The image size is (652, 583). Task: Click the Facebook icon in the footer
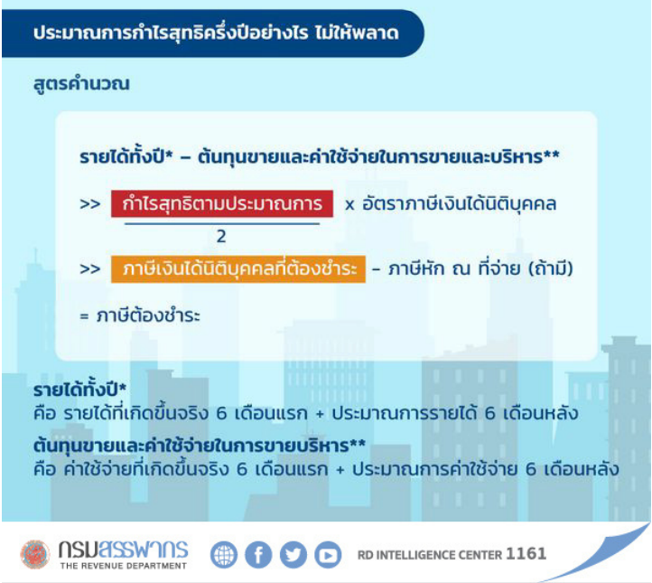tap(258, 555)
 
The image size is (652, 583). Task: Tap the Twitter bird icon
tap(293, 555)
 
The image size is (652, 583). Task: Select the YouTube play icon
tap(328, 555)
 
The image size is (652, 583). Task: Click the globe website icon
tap(224, 555)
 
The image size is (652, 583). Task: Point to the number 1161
tap(526, 554)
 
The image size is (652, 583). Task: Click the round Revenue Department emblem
tap(35, 554)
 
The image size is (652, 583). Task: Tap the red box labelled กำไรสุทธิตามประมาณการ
tap(222, 204)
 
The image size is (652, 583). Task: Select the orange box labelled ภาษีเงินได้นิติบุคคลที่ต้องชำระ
tap(238, 268)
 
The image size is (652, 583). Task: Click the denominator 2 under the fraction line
tap(221, 237)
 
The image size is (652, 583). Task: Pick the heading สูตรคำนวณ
tap(81, 84)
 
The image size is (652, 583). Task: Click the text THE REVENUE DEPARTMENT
tap(124, 566)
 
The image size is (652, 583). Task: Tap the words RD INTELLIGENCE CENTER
tap(430, 555)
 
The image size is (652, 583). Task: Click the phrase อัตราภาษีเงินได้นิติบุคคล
tap(459, 204)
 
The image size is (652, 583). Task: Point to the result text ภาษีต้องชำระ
tap(148, 315)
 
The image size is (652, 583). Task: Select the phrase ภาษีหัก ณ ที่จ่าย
tap(454, 268)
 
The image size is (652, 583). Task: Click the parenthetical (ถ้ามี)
tap(551, 268)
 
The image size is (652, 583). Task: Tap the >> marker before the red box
tap(90, 204)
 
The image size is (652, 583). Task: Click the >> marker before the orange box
tap(90, 269)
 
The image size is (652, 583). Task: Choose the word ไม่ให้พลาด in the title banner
tap(358, 32)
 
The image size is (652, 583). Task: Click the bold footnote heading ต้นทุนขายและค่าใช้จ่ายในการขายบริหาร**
tap(200, 446)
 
